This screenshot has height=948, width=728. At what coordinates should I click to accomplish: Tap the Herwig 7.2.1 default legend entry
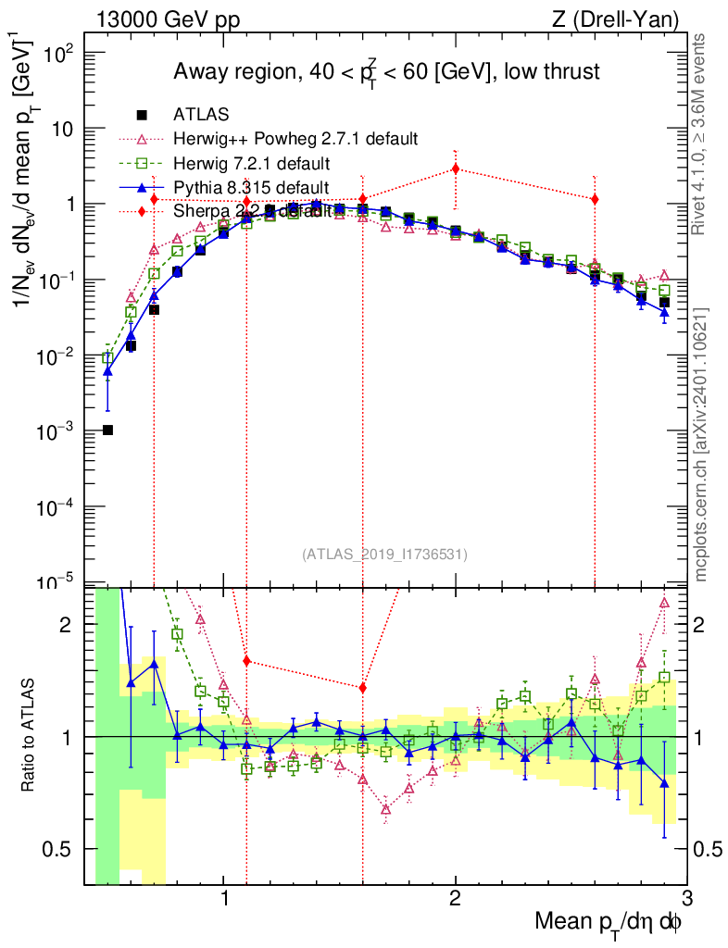click(251, 164)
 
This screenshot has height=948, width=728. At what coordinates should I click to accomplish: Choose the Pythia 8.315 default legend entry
click(251, 188)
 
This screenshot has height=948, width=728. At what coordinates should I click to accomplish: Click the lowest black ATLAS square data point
click(107, 430)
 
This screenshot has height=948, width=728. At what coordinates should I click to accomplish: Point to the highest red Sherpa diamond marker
click(455, 168)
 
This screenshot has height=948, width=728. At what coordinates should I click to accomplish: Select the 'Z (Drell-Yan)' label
click(626, 19)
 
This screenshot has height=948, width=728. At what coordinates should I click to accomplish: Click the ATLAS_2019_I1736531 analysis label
click(384, 555)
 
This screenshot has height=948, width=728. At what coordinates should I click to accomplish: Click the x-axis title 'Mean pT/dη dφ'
click(609, 921)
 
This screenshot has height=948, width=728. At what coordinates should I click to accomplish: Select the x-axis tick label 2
click(455, 897)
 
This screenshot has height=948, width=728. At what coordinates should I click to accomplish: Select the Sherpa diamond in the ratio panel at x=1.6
click(363, 688)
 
